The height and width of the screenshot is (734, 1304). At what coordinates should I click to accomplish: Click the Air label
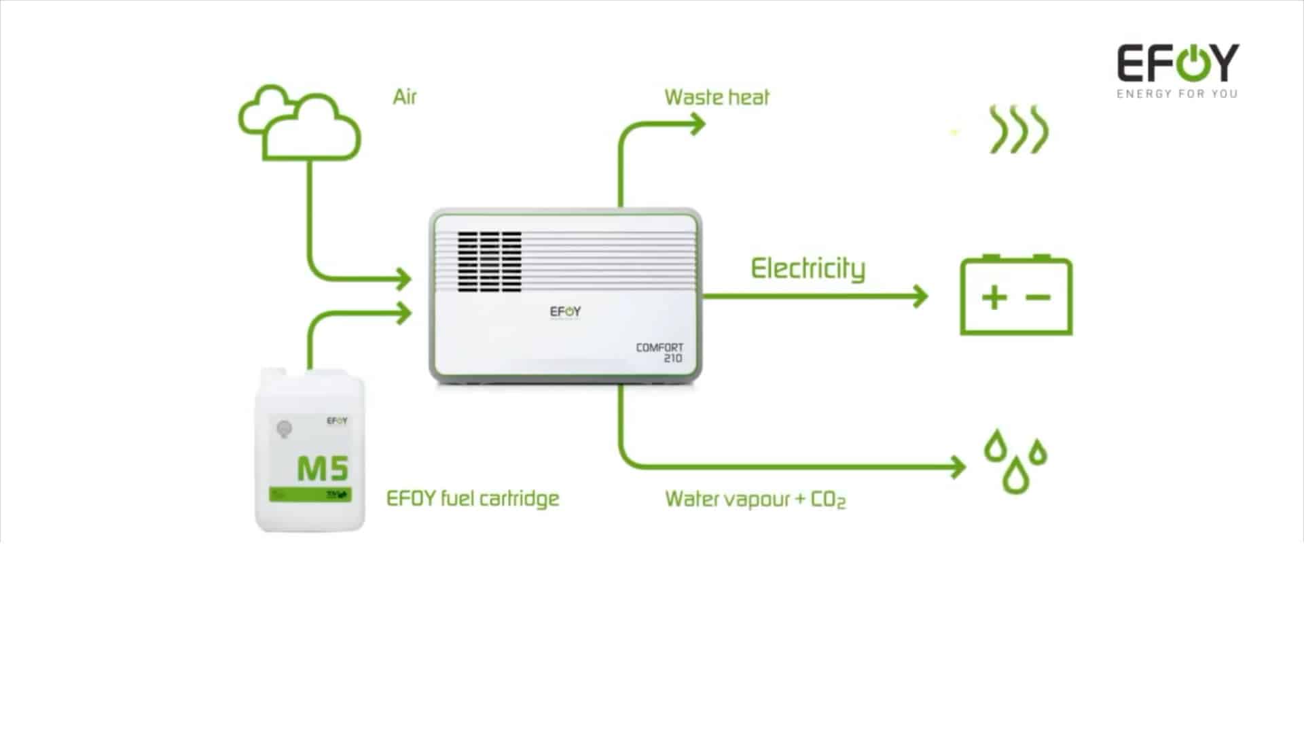point(404,97)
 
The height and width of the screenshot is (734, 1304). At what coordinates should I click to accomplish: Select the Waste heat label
point(717,98)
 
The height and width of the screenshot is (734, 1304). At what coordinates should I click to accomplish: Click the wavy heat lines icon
point(1019,129)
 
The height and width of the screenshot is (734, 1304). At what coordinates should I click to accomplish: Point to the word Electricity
point(808,269)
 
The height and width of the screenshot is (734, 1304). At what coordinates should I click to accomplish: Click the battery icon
point(1016,296)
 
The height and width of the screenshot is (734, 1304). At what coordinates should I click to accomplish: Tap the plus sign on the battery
point(994,298)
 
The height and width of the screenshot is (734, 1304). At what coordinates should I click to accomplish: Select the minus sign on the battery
point(1038,298)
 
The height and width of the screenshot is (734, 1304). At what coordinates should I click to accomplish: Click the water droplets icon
point(1015,460)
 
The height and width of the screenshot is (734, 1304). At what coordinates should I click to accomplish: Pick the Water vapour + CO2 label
point(755,500)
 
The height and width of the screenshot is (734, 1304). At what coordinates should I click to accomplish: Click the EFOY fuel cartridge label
point(473,498)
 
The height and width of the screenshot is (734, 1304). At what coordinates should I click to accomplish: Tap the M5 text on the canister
point(323,468)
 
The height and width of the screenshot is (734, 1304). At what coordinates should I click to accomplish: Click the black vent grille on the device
point(489,262)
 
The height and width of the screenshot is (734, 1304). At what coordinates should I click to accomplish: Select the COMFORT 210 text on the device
point(660,353)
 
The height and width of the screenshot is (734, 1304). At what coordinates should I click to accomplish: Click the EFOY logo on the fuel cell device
point(565,312)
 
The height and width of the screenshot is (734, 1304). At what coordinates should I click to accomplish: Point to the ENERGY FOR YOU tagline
point(1177,94)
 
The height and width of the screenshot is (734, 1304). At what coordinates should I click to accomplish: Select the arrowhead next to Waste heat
point(698,124)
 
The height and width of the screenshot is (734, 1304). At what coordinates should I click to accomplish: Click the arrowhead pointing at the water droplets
point(958,467)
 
